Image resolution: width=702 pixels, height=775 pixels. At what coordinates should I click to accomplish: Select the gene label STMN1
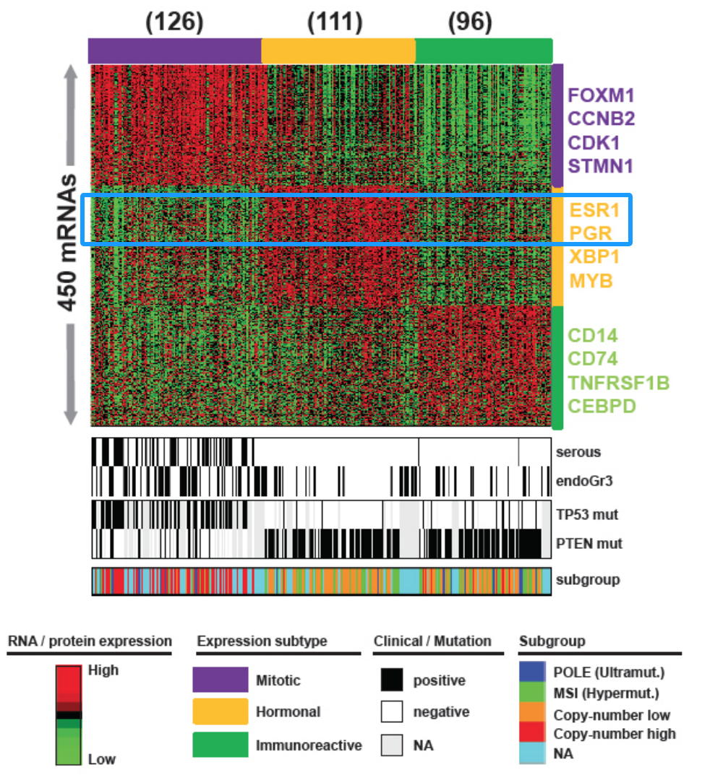pos(601,166)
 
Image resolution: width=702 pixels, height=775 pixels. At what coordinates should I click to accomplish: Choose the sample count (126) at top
pos(174,22)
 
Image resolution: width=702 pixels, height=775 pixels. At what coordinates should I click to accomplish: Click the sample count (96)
pos(470,22)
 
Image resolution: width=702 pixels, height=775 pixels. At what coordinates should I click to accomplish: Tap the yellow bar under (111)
pos(338,51)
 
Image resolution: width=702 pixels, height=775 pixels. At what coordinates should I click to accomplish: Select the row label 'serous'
pos(579,453)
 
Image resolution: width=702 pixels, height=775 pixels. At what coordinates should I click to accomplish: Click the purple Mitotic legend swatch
pos(220,680)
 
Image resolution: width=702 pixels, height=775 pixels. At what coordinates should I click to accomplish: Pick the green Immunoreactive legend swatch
pos(220,745)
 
